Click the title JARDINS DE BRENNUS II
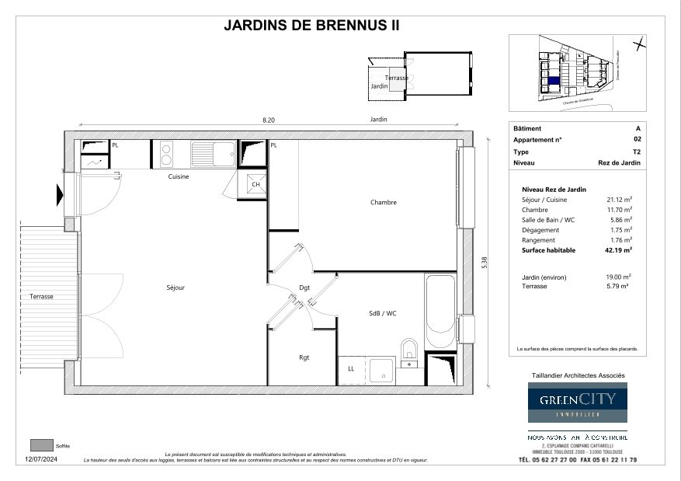tap(311, 25)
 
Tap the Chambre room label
tap(383, 203)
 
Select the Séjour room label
tap(175, 288)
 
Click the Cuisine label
tap(179, 176)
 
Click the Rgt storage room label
tap(304, 358)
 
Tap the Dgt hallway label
tap(304, 288)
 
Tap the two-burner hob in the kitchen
tap(165, 153)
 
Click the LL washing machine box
tap(351, 370)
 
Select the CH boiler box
tap(255, 185)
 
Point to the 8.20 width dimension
tap(268, 120)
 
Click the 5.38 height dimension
tap(484, 263)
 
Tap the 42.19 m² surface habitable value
tap(619, 250)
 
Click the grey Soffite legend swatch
tap(40, 445)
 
